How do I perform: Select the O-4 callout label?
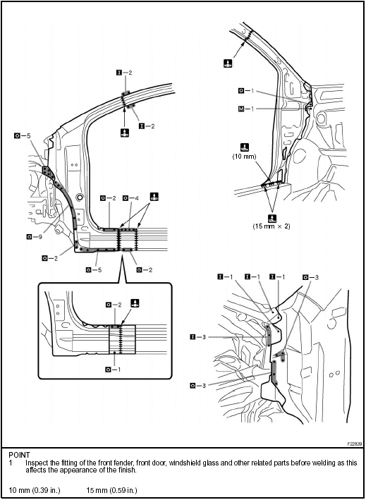(x=131, y=198)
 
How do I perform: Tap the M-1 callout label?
(x=247, y=109)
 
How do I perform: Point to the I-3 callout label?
(x=197, y=337)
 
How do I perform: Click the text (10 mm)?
(x=245, y=156)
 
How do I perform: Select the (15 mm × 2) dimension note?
(x=272, y=227)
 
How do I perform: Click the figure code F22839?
(x=355, y=444)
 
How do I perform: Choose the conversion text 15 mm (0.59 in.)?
(x=112, y=490)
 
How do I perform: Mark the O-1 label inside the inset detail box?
(x=113, y=370)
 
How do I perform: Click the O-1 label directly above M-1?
(x=247, y=91)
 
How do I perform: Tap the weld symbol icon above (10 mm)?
(x=245, y=147)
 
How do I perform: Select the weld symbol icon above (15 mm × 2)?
(x=272, y=218)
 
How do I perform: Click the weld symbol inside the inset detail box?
(x=135, y=303)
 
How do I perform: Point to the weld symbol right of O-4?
(x=154, y=197)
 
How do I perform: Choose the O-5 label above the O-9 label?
(x=23, y=136)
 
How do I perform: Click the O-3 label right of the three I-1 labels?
(x=310, y=277)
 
